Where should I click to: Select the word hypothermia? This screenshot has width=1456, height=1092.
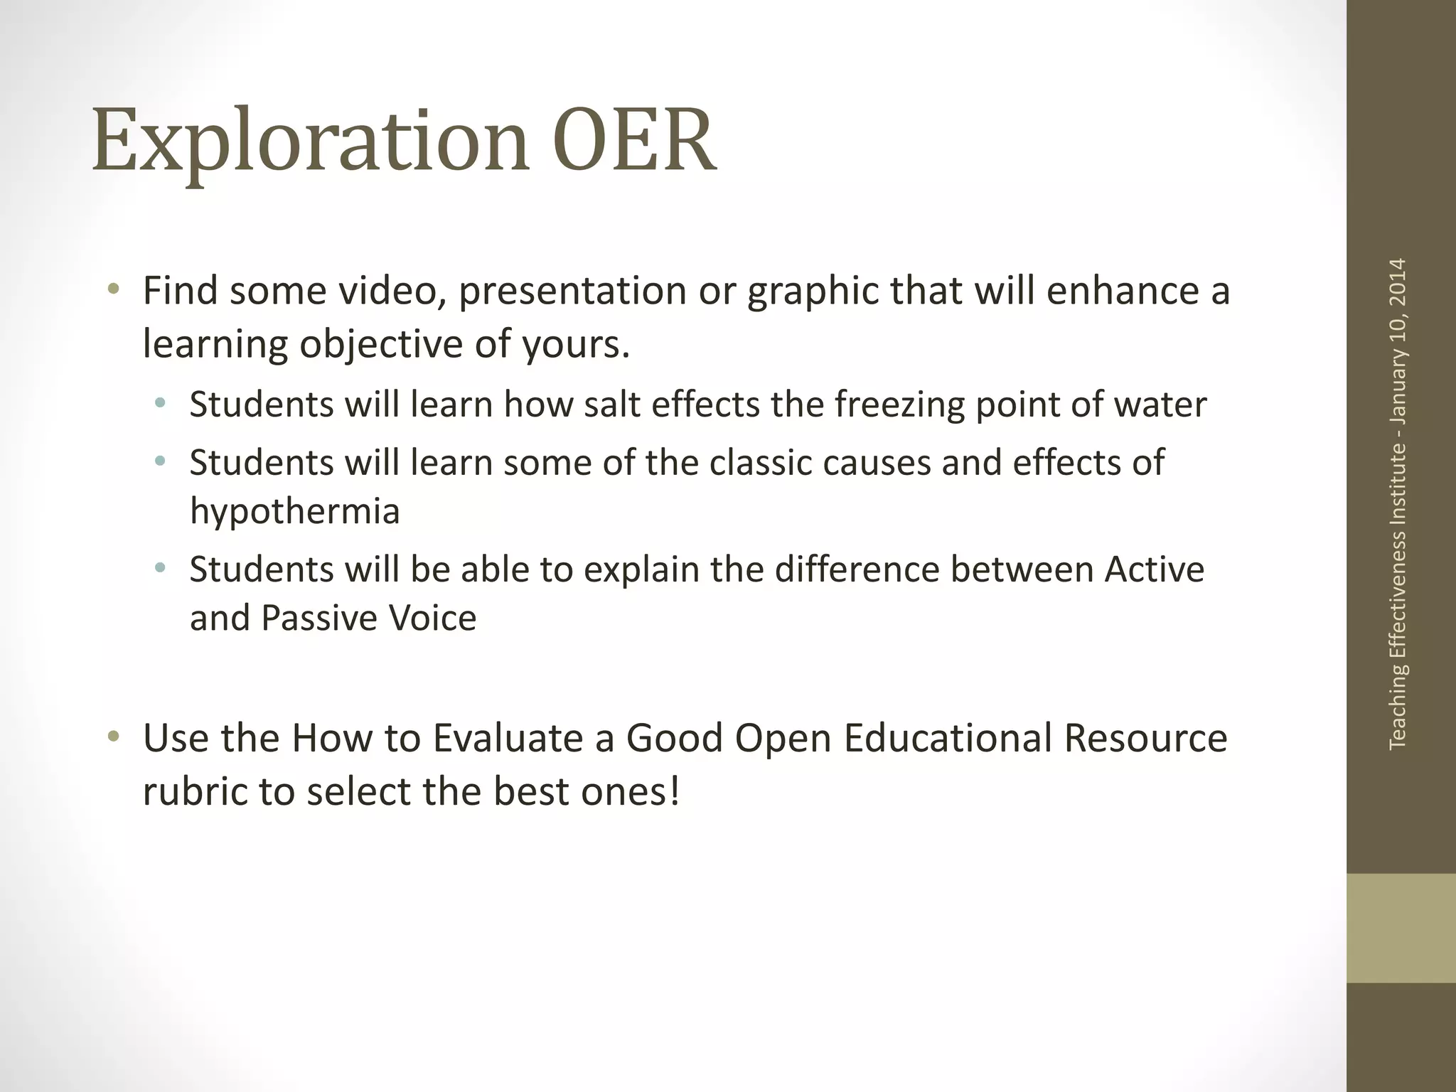click(x=294, y=512)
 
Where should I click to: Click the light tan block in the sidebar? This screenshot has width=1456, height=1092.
click(x=1401, y=928)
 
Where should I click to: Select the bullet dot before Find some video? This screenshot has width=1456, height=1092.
click(x=113, y=289)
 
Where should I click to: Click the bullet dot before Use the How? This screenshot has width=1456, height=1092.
click(x=113, y=737)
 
